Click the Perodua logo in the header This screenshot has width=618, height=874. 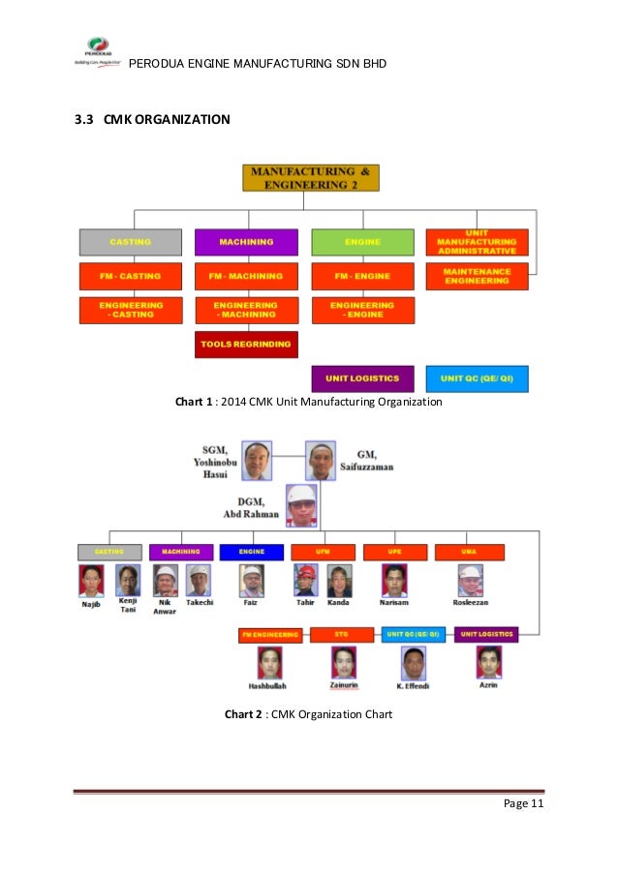(x=98, y=50)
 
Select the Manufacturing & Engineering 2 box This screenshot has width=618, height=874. (x=310, y=177)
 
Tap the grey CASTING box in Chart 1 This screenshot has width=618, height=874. (x=131, y=241)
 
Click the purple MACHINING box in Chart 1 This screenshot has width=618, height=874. (x=246, y=241)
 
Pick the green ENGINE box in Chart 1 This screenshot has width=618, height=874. (x=362, y=241)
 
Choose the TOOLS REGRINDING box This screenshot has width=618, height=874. (x=246, y=344)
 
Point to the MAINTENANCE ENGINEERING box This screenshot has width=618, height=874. (x=478, y=276)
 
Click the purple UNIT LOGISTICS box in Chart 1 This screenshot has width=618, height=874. (x=362, y=378)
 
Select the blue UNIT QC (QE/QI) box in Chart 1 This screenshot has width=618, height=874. (x=478, y=378)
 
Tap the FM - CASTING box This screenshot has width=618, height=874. (x=131, y=276)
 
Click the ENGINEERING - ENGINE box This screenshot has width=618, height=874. (x=362, y=310)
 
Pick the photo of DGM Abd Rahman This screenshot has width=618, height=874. (x=301, y=505)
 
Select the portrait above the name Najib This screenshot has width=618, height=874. (x=92, y=581)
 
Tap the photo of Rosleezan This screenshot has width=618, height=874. (x=470, y=581)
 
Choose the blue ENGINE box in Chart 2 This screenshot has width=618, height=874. (x=251, y=552)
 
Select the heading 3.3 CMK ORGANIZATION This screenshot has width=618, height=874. (x=153, y=120)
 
